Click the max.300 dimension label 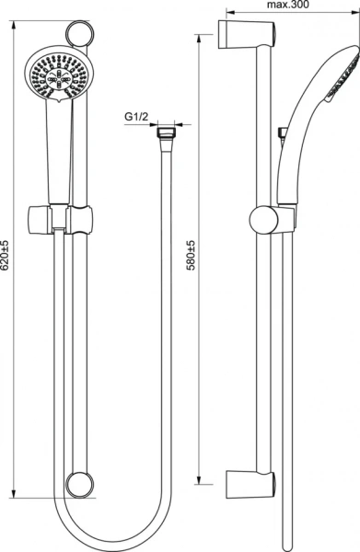click(x=288, y=5)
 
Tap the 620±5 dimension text click(x=5, y=256)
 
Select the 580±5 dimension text click(x=191, y=256)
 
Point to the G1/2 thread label click(x=136, y=117)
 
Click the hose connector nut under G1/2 click(x=165, y=133)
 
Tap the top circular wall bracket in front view click(x=80, y=33)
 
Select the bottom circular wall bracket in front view click(x=80, y=485)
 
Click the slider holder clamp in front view click(x=59, y=220)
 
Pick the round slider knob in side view click(x=264, y=220)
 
